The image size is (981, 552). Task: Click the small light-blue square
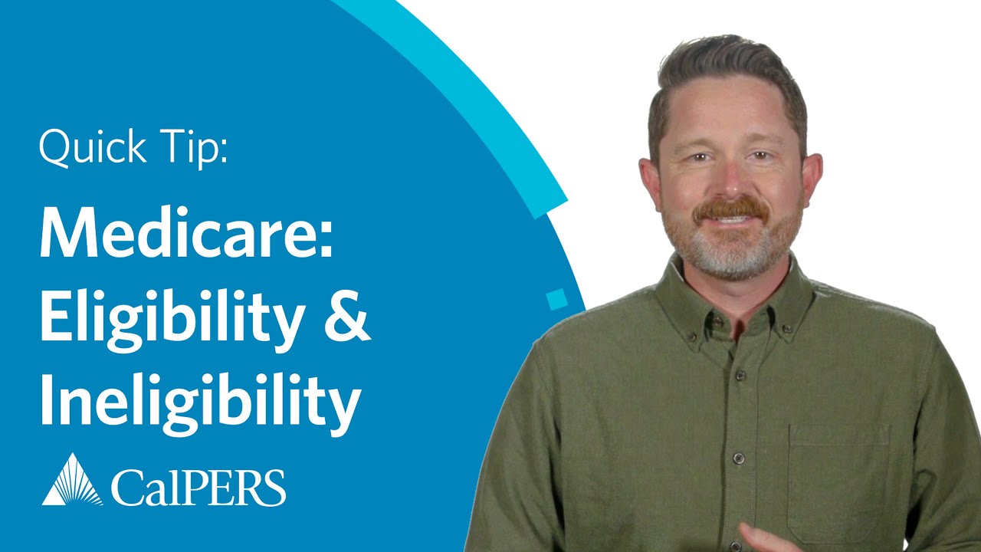click(557, 299)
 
